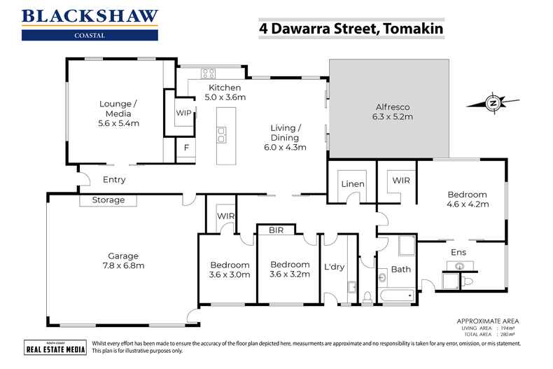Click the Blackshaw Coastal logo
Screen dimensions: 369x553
tap(90, 24)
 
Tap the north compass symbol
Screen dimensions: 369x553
tap(493, 104)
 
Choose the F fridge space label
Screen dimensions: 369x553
tap(185, 148)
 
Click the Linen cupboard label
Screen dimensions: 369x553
tap(352, 183)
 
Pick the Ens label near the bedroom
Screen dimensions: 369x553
tap(458, 250)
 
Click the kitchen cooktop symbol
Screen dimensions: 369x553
tap(208, 72)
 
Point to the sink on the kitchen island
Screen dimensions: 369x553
tap(222, 134)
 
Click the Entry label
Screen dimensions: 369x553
tap(114, 180)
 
